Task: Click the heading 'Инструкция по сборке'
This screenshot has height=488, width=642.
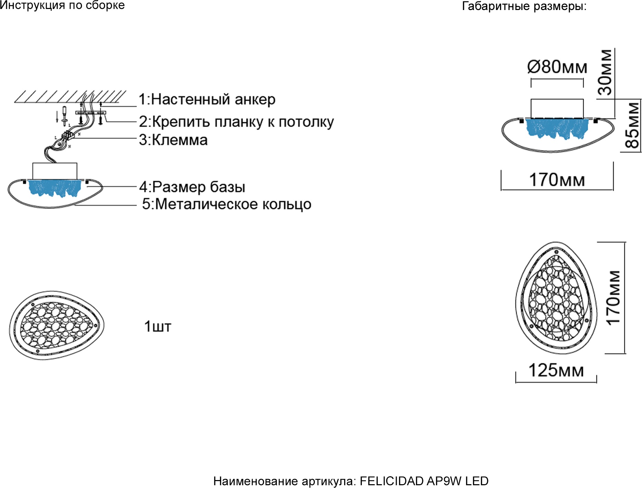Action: pos(62,5)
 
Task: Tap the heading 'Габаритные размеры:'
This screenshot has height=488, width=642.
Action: pos(524,6)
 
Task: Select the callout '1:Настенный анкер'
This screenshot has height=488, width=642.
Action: pos(207,99)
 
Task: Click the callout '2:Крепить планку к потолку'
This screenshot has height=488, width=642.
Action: pos(236,122)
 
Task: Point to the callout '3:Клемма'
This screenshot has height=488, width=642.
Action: pos(173,140)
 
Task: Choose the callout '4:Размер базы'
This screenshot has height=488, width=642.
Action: pos(192,187)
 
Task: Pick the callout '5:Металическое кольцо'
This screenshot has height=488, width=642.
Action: pos(227,204)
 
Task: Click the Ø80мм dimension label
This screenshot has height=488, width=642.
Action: pos(557,67)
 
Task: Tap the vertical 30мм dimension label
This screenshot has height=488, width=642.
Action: pos(606,72)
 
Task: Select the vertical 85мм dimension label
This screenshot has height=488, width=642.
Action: pos(633,126)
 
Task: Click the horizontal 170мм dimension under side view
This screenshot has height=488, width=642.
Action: pos(557,180)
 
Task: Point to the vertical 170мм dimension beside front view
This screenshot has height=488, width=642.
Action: pos(613,298)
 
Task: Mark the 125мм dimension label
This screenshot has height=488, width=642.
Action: pos(556,371)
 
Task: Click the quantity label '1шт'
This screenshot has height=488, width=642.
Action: pos(158,327)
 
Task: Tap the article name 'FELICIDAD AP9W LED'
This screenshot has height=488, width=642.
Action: pos(424,481)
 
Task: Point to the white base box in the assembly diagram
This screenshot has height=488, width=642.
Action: pos(55,171)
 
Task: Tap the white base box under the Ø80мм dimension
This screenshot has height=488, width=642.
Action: pos(557,108)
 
